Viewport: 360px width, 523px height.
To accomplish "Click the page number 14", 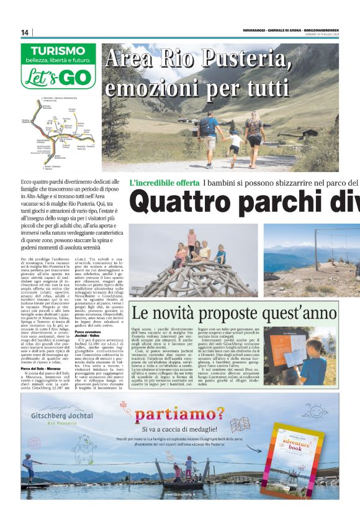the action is (25, 32).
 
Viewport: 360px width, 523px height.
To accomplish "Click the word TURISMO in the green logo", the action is (58, 51).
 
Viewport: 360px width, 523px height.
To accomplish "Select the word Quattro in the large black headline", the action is (178, 202).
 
